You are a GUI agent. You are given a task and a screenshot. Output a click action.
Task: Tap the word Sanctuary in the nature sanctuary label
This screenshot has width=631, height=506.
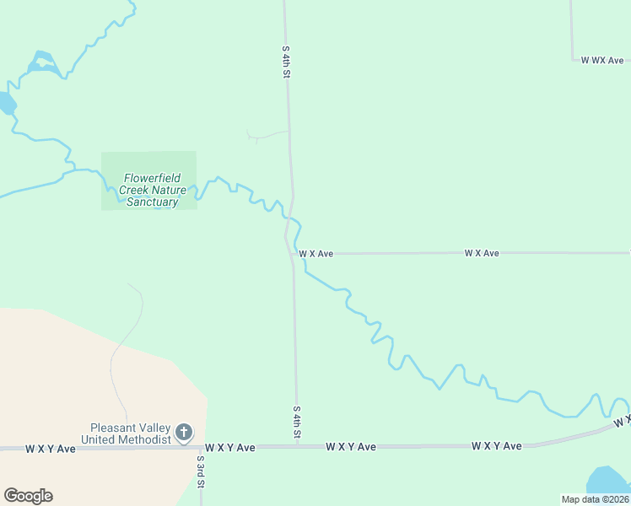tap(152, 202)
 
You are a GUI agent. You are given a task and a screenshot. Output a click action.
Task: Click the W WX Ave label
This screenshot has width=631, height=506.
tap(601, 61)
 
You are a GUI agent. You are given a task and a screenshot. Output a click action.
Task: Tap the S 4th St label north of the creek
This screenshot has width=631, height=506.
tap(286, 62)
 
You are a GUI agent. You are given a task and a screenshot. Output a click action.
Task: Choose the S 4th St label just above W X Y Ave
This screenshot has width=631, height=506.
tap(297, 423)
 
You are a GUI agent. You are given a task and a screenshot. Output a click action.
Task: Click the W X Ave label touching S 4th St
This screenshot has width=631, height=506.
tap(315, 253)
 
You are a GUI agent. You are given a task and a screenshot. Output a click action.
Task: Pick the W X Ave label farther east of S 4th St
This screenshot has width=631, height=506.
tap(481, 253)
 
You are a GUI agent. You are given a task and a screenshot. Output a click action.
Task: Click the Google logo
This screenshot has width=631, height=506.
tap(28, 496)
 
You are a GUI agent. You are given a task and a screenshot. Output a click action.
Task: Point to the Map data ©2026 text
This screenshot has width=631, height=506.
tap(595, 499)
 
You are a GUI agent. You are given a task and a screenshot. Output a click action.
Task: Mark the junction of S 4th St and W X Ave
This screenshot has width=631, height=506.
tap(292, 253)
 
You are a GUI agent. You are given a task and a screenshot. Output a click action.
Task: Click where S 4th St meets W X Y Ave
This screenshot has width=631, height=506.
tap(297, 446)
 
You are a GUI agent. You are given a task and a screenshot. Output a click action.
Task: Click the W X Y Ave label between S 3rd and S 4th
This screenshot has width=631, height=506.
tap(229, 448)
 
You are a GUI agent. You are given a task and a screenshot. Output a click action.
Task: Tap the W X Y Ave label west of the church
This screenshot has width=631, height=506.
tap(51, 449)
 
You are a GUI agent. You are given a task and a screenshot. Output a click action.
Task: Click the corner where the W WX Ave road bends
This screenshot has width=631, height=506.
tap(573, 60)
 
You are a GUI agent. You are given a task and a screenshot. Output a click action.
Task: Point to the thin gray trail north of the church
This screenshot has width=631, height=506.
tap(124, 337)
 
